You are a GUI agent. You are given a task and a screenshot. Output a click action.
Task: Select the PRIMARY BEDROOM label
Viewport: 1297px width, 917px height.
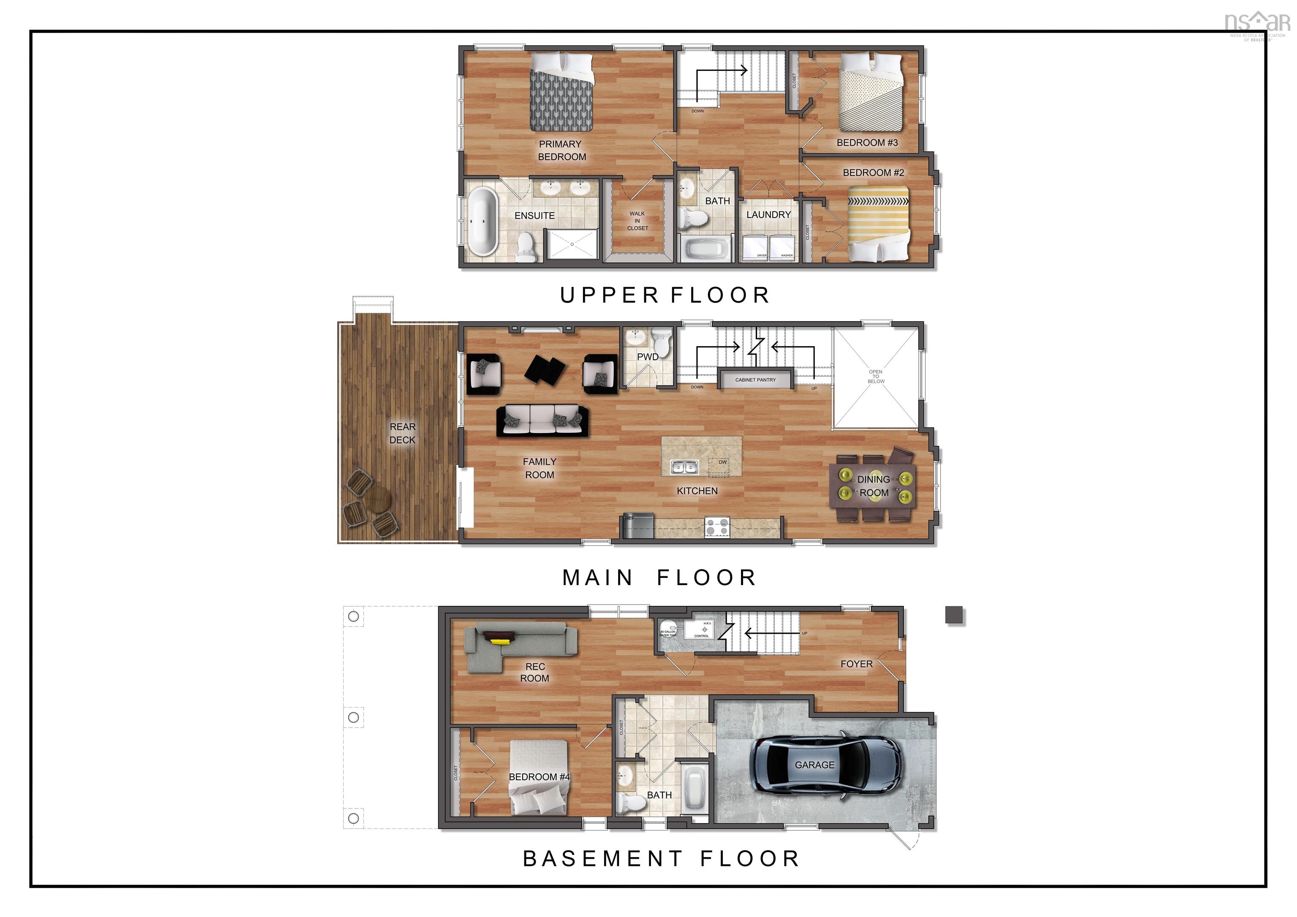pyautogui.click(x=562, y=150)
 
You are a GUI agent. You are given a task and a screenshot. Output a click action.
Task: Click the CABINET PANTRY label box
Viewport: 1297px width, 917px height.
pyautogui.click(x=755, y=380)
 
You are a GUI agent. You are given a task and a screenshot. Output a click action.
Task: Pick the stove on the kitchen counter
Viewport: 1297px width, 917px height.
pyautogui.click(x=717, y=528)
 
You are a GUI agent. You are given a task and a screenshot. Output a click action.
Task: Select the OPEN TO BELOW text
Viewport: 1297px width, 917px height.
pyautogui.click(x=876, y=377)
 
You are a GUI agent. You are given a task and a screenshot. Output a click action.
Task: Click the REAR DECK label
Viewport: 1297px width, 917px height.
pyautogui.click(x=402, y=433)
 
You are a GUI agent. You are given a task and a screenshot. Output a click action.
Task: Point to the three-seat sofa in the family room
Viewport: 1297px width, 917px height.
pyautogui.click(x=542, y=421)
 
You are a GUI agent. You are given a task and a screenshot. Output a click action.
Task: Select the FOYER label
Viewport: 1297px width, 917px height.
pyautogui.click(x=856, y=664)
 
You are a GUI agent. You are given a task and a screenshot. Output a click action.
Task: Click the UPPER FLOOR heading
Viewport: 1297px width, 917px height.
pyautogui.click(x=665, y=295)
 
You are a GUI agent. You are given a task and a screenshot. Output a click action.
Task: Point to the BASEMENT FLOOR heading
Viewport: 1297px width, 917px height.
pyautogui.click(x=661, y=859)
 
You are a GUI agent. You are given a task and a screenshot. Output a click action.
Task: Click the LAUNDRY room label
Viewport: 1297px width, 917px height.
pyautogui.click(x=768, y=215)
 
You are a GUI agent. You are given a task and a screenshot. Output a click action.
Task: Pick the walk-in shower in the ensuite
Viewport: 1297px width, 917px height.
pyautogui.click(x=571, y=244)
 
